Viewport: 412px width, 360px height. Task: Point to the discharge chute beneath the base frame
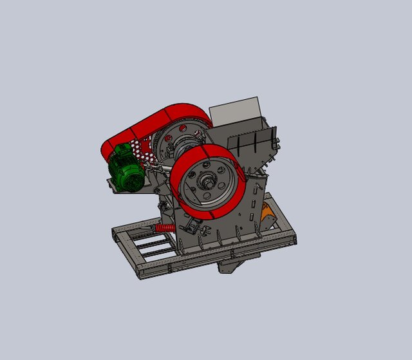[x=234, y=262]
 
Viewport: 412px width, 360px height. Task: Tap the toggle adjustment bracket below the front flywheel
[x=193, y=227]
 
